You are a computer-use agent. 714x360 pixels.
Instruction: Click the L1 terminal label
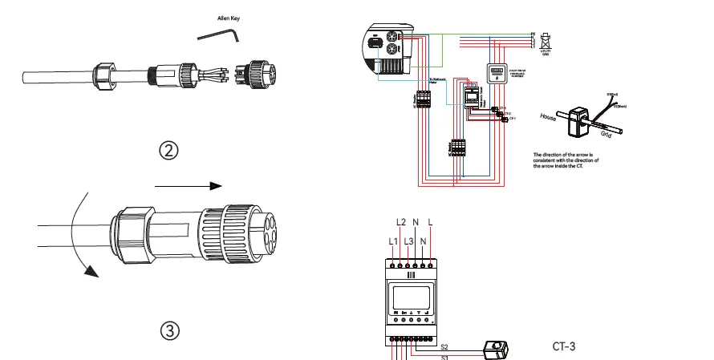[391, 241]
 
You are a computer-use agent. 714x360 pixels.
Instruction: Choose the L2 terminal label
[402, 222]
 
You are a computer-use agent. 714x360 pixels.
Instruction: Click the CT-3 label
[564, 347]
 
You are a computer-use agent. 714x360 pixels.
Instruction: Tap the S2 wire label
[446, 346]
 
